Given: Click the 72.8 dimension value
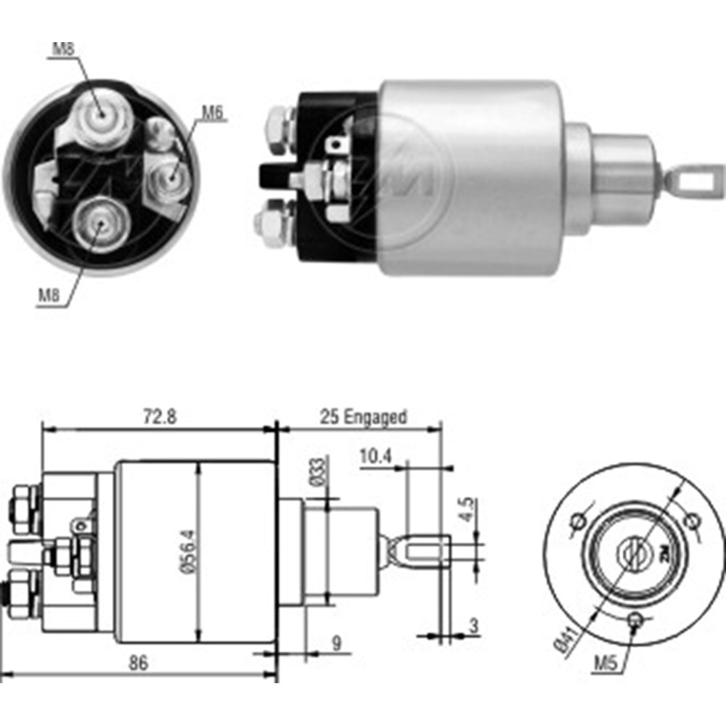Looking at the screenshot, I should tap(160, 417).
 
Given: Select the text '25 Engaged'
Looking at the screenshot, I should tap(364, 417).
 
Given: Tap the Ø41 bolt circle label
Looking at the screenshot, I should tap(563, 638).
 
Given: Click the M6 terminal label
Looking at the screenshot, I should tap(211, 113).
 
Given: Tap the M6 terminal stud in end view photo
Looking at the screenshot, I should tap(172, 174).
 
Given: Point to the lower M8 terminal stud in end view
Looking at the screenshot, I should tap(98, 222).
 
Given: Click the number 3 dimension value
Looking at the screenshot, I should tap(473, 626).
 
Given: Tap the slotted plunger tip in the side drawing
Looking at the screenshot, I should tap(425, 551).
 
